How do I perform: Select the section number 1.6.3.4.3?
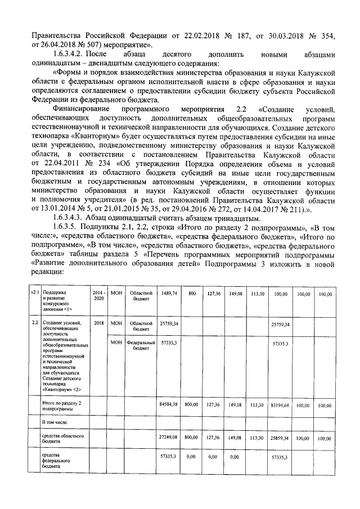(x=67, y=218)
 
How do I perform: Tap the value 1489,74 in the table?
(x=169, y=294)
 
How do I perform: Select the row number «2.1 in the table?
(x=35, y=294)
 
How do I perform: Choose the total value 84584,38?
(x=169, y=404)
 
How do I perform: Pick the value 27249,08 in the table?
(x=169, y=436)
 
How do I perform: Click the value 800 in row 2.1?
(x=192, y=294)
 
